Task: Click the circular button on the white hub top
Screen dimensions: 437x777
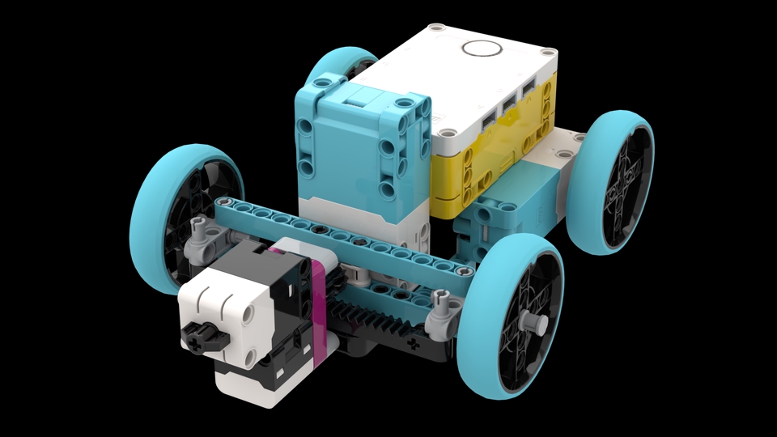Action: pyautogui.click(x=482, y=47)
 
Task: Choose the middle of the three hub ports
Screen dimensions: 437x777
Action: pyautogui.click(x=509, y=106)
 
